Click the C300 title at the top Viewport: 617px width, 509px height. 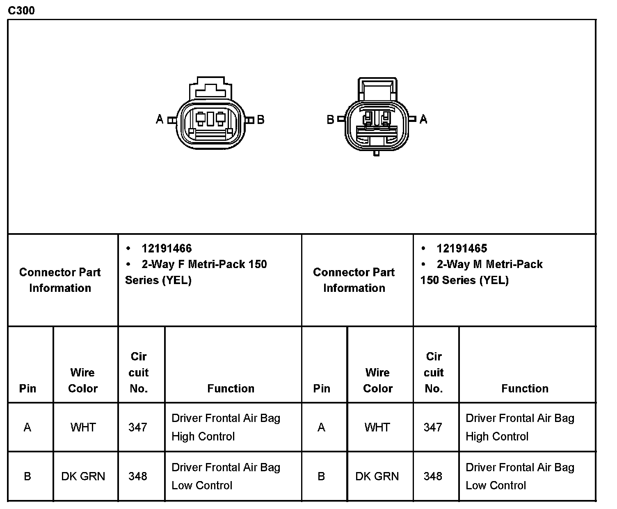(21, 10)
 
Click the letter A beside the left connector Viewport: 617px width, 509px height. (160, 119)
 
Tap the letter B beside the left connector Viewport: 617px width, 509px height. (261, 119)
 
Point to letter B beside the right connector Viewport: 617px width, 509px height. (330, 119)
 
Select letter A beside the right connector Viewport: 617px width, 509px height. (423, 119)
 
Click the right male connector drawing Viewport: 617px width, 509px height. (377, 117)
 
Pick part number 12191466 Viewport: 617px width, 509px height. (167, 248)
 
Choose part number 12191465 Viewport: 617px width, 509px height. (462, 248)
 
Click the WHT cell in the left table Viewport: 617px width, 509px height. (83, 427)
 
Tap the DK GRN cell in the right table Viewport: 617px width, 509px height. (377, 476)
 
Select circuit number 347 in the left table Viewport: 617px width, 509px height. (138, 427)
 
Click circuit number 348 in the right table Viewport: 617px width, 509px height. (433, 476)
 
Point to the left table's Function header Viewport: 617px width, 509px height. (231, 388)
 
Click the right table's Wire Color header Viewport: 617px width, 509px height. (377, 381)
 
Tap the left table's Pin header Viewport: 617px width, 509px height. (27, 388)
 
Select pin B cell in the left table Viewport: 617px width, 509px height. (27, 476)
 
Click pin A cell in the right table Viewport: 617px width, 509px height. (321, 427)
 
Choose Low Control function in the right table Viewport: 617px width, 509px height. (520, 476)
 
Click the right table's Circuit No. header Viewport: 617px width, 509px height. (434, 372)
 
